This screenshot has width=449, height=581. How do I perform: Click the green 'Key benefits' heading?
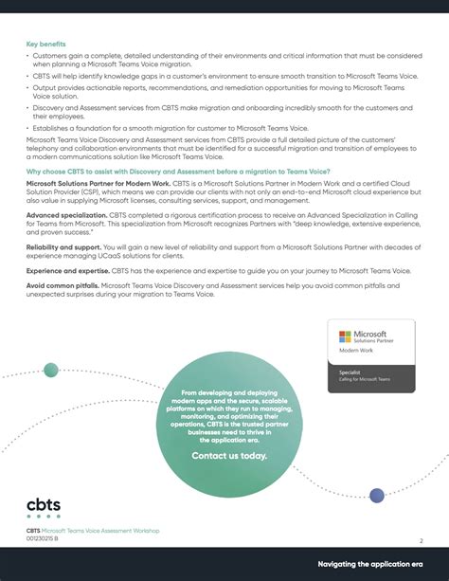pyautogui.click(x=45, y=44)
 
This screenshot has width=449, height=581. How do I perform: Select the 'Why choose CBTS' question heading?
pyautogui.click(x=190, y=171)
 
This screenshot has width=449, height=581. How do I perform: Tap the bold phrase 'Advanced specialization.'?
pyautogui.click(x=65, y=215)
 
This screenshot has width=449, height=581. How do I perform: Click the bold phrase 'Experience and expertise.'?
pyautogui.click(x=68, y=270)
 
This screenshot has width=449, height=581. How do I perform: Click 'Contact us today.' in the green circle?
pyautogui.click(x=229, y=456)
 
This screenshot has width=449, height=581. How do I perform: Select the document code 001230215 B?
pyautogui.click(x=43, y=538)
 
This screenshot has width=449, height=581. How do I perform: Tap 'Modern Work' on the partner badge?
pyautogui.click(x=355, y=351)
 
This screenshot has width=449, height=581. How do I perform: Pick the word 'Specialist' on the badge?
pyautogui.click(x=350, y=372)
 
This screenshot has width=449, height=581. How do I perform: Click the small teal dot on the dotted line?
pyautogui.click(x=51, y=370)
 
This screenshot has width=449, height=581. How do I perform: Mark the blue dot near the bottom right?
pyautogui.click(x=377, y=495)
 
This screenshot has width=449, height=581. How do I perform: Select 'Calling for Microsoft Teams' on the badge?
pyautogui.click(x=365, y=379)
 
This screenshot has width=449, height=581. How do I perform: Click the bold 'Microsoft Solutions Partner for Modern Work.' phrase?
pyautogui.click(x=99, y=183)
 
